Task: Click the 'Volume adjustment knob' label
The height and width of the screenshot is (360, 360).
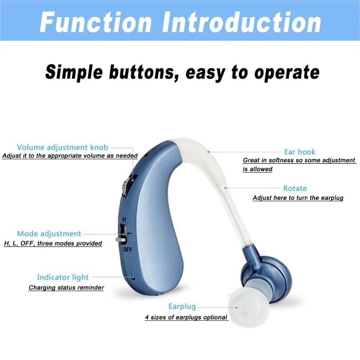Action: click(x=62, y=147)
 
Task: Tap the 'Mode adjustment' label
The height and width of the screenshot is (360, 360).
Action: click(x=49, y=234)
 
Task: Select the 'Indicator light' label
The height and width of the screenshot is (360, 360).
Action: click(x=63, y=277)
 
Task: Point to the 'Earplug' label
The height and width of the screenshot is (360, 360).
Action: click(x=182, y=306)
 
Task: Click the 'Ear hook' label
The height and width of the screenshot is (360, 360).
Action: click(x=299, y=152)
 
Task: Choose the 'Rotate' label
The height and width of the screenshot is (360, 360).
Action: click(x=295, y=188)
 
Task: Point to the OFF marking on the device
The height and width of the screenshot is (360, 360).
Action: click(x=128, y=250)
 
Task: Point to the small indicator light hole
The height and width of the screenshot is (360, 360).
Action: click(x=133, y=278)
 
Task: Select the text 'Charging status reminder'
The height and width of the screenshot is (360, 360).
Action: click(x=66, y=287)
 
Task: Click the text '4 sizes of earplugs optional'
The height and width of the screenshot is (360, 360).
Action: click(x=186, y=317)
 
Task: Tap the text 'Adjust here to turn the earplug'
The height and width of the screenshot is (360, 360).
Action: click(x=298, y=198)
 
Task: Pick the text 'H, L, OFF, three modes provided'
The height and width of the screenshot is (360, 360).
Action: click(x=53, y=243)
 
